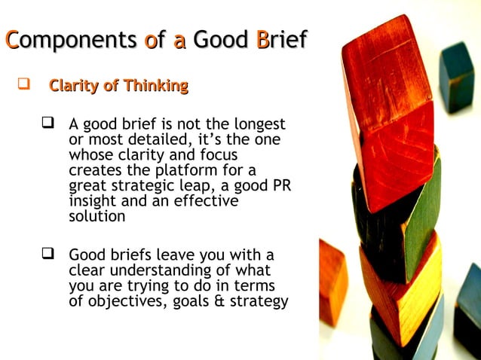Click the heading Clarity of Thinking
[x=118, y=86]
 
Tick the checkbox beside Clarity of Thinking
[x=23, y=86]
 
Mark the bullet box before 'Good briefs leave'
[x=51, y=255]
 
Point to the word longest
[x=256, y=124]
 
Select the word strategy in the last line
[x=260, y=302]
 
